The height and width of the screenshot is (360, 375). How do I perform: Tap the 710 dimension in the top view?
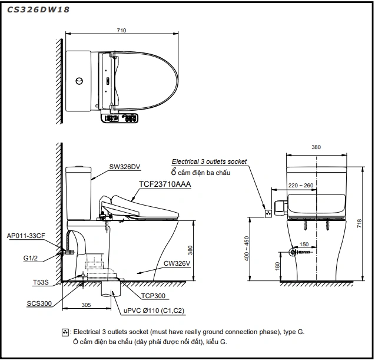[x=121, y=29]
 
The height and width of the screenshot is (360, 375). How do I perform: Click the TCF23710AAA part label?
[x=165, y=184]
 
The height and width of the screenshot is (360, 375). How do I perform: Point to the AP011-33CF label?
[x=25, y=235]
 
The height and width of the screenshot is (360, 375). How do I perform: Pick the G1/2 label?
[x=31, y=258]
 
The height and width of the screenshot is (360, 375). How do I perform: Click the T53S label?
[x=41, y=283]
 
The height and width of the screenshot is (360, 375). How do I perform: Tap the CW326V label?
[x=177, y=263]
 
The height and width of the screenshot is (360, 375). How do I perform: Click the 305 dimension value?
[x=87, y=306]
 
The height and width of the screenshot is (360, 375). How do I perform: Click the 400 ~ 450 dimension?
[x=247, y=250]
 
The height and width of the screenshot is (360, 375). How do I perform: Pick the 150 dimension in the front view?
[x=304, y=244]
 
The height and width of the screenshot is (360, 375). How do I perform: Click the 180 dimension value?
[x=277, y=266]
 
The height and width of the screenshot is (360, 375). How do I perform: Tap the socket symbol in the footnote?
[x=65, y=333]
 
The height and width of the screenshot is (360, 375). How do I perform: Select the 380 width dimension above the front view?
[x=316, y=148]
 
